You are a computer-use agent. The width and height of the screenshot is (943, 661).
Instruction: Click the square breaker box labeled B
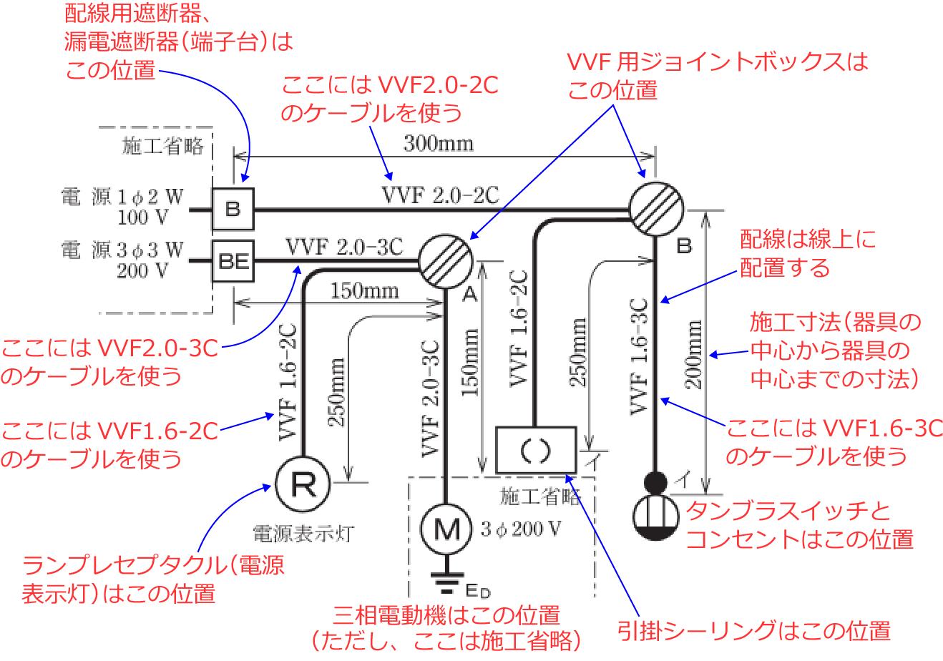point(233,209)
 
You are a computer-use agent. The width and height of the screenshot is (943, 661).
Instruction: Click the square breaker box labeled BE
point(233,261)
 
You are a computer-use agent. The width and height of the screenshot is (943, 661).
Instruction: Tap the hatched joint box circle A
point(444,261)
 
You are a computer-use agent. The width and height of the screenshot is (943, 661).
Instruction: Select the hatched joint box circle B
point(656,210)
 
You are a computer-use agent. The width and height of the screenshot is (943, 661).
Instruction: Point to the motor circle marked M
point(445,529)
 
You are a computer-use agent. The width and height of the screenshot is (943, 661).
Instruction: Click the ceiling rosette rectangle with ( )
point(536,450)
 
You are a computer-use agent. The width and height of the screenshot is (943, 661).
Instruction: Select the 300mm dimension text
point(438,144)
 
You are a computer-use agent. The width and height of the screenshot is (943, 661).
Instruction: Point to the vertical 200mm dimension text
point(694,355)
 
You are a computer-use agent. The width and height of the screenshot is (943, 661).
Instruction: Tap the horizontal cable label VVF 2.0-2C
point(440,195)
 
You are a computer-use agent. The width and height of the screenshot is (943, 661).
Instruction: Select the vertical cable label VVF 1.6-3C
point(638,356)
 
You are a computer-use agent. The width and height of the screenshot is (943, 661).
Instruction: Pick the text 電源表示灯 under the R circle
point(303,534)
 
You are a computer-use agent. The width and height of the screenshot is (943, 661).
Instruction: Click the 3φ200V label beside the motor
point(521,529)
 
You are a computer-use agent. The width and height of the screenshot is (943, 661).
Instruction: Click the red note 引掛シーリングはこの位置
point(754,630)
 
